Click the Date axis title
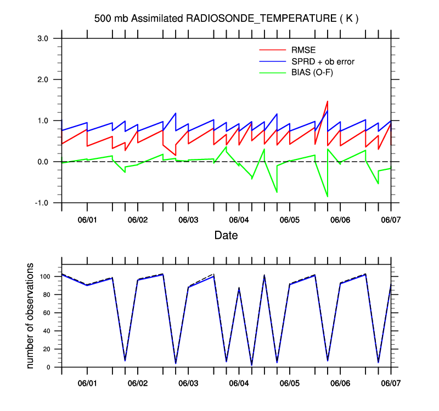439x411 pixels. [226, 236]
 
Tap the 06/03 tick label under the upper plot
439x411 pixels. [188, 220]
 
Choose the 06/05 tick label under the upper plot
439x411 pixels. [289, 220]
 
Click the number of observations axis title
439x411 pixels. [31, 316]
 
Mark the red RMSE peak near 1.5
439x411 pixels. [328, 101]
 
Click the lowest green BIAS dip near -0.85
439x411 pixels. [328, 196]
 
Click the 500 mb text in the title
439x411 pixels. [111, 19]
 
